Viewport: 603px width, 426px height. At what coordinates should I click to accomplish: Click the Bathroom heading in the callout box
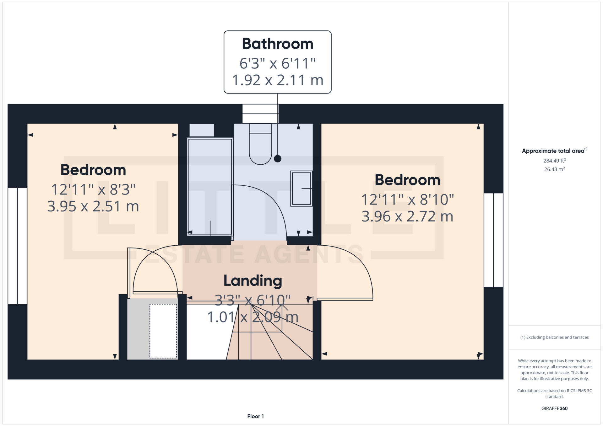pyautogui.click(x=277, y=44)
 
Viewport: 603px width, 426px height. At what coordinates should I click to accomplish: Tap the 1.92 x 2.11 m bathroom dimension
pyautogui.click(x=277, y=80)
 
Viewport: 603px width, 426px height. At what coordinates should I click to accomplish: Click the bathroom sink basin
pyautogui.click(x=301, y=189)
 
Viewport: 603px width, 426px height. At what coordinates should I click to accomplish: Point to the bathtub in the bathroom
pyautogui.click(x=210, y=187)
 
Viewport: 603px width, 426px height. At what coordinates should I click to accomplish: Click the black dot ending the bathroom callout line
pyautogui.click(x=278, y=159)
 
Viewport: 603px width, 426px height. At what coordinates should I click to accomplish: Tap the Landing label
pyautogui.click(x=253, y=281)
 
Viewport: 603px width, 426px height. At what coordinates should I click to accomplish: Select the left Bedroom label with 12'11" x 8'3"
pyautogui.click(x=93, y=170)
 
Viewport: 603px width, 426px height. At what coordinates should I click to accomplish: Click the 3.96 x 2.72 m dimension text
pyautogui.click(x=407, y=216)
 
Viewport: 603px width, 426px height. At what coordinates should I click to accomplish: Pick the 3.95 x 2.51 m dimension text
pyautogui.click(x=93, y=206)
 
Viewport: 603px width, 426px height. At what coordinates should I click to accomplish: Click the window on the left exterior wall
pyautogui.click(x=18, y=246)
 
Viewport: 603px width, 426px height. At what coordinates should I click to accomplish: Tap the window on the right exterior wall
pyautogui.click(x=493, y=240)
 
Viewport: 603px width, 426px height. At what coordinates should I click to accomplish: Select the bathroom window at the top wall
pyautogui.click(x=260, y=114)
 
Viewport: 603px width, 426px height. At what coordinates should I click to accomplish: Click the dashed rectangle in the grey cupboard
pyautogui.click(x=163, y=331)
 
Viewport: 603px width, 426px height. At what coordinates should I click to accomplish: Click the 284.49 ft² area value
pyautogui.click(x=554, y=161)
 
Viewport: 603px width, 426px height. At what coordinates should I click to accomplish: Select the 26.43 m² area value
pyautogui.click(x=554, y=169)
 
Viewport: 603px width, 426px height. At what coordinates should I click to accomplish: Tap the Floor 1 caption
pyautogui.click(x=255, y=416)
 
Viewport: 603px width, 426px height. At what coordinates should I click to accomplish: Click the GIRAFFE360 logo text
pyautogui.click(x=554, y=408)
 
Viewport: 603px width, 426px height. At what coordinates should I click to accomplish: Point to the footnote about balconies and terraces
pyautogui.click(x=554, y=337)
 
